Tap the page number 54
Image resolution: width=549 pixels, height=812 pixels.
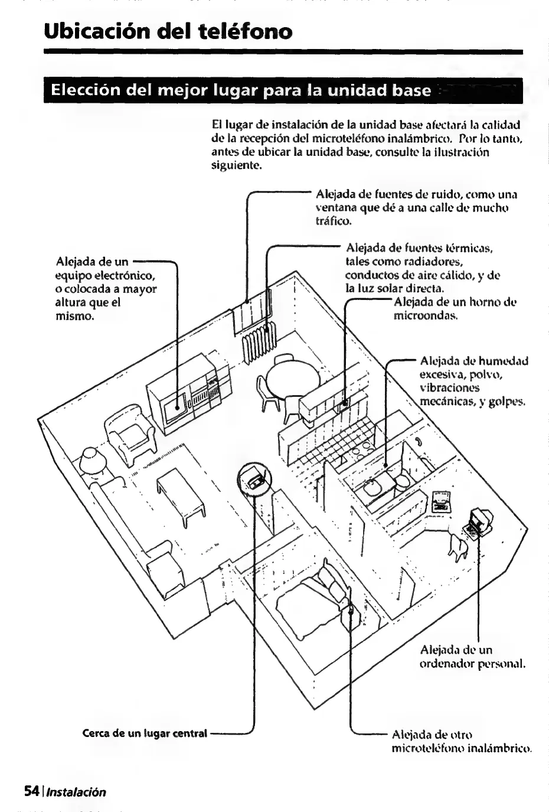(x=31, y=791)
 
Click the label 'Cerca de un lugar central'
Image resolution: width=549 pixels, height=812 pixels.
(x=145, y=733)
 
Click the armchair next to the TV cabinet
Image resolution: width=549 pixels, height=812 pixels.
(x=130, y=433)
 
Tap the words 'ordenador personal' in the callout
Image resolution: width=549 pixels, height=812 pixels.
(x=472, y=664)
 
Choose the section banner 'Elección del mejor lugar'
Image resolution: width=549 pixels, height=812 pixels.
(x=241, y=91)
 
